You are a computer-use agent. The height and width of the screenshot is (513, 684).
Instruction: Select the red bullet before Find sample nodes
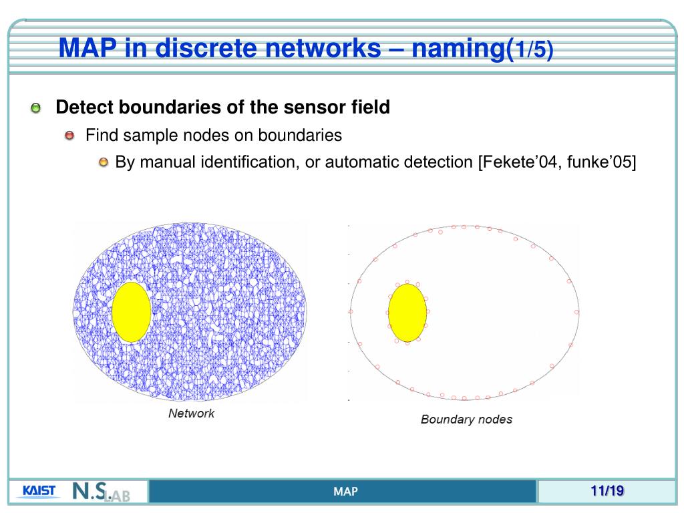click(71, 136)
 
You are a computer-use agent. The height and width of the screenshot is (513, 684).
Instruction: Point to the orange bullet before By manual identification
click(103, 163)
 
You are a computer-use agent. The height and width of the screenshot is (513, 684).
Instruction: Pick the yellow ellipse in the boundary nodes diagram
click(407, 313)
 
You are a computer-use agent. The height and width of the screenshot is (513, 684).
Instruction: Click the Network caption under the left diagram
click(191, 413)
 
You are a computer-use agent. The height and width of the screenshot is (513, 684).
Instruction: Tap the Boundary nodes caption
click(466, 419)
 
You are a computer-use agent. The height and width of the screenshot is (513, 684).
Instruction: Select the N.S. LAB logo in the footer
click(100, 492)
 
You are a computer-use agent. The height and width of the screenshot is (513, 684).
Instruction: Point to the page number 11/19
click(607, 492)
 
